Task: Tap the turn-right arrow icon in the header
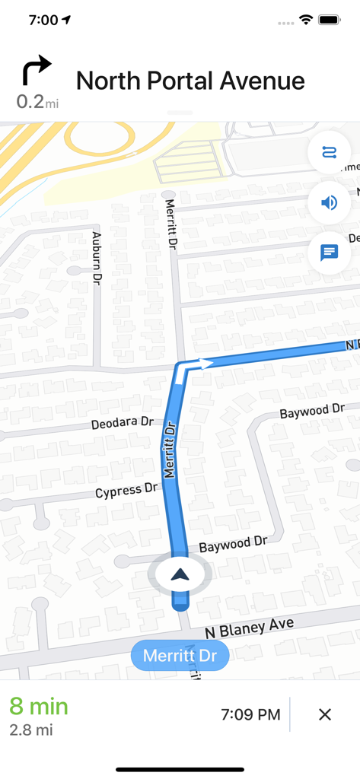pos(36,71)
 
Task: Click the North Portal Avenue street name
pos(190,81)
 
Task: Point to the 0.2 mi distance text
pos(37,101)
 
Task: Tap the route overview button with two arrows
pos(329,153)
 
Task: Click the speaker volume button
pos(329,202)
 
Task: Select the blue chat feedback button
pos(329,252)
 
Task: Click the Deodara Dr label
pos(122,423)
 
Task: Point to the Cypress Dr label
pos(129,491)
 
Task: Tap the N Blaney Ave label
pos(250,628)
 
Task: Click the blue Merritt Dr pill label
pos(180,656)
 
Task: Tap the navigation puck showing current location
pos(180,575)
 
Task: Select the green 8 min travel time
pos(39,706)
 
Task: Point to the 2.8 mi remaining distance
pos(31,730)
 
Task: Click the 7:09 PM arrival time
pos(250,714)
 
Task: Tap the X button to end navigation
pos(325,714)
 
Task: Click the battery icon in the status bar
pos(330,20)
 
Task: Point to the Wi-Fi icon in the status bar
pos(306,20)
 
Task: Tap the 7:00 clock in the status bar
pos(43,20)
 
